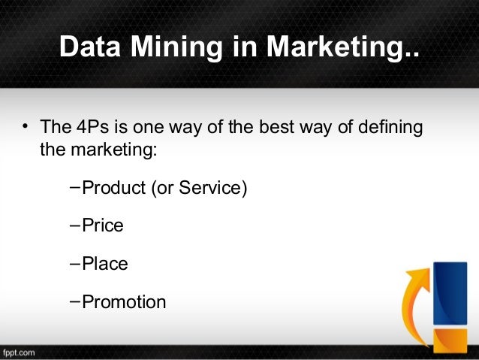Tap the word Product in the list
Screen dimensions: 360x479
point(113,187)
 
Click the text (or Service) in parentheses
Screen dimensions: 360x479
point(199,187)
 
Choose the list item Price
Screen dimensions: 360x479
point(102,225)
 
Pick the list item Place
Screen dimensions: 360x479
point(104,264)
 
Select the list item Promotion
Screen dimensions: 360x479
point(124,302)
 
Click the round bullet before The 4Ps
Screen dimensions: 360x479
point(24,126)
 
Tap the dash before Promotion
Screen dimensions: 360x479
point(74,301)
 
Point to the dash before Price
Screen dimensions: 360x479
point(74,225)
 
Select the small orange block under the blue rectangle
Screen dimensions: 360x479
point(449,339)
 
